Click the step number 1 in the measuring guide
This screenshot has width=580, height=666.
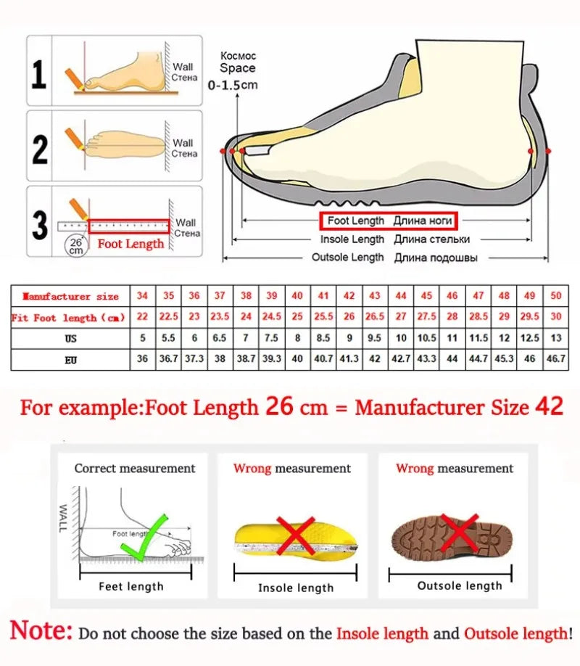38,75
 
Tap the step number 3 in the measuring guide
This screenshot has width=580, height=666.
40,226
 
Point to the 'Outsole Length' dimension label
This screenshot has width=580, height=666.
347,258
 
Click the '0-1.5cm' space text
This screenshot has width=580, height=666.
232,85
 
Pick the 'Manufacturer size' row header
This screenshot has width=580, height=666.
70,296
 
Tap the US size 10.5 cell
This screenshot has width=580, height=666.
426,338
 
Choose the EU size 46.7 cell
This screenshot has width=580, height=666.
555,358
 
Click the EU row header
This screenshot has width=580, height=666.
70,358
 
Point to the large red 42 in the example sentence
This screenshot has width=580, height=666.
549,406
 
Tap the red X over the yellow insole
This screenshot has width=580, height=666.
295,535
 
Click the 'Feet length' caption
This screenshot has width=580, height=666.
131,586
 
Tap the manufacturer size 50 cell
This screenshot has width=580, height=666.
555,296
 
